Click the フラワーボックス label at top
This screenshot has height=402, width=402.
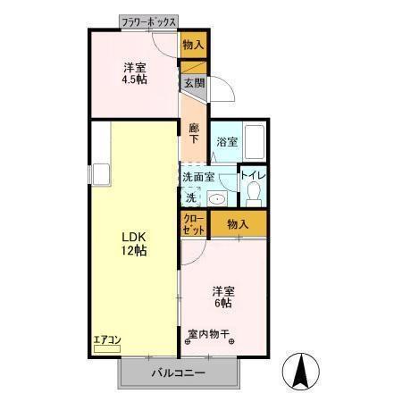149,21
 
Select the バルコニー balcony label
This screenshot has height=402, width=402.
179,373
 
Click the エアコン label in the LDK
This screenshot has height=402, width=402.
105,339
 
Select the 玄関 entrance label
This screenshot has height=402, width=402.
194,83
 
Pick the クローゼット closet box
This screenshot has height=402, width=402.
194,224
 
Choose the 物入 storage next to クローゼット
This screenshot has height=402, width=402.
237,224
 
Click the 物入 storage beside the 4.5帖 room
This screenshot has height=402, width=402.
194,44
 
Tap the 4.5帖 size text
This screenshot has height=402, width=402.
135,78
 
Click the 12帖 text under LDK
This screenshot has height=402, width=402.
135,251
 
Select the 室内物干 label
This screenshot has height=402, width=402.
208,336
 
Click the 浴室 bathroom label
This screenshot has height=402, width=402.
227,141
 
